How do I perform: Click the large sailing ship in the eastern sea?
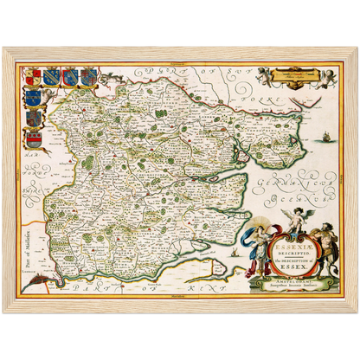pyautogui.click(x=323, y=138)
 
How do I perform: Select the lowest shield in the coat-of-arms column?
pyautogui.click(x=35, y=136)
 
